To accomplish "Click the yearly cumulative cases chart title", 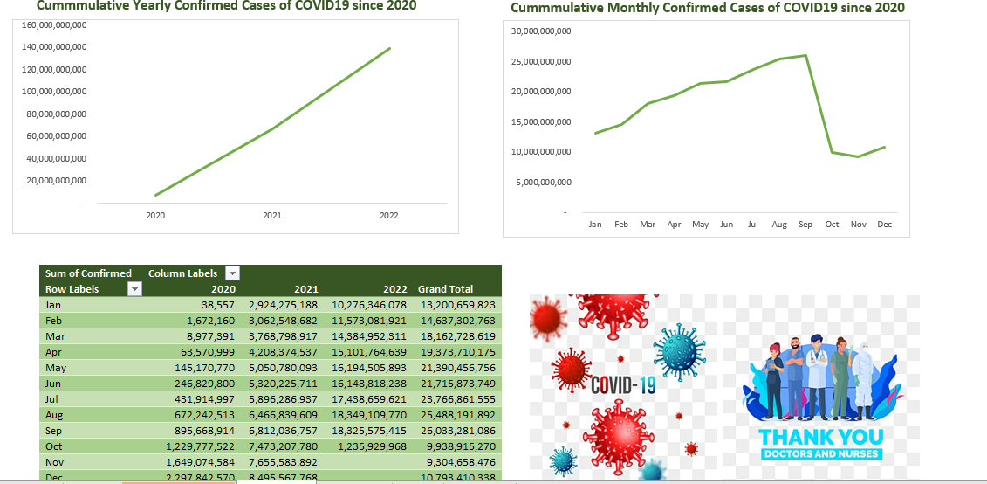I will pos(226,6).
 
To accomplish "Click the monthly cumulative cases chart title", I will pos(708,8).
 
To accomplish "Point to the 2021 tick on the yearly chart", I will pos(272,215).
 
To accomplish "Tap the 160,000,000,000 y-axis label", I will pos(53,24).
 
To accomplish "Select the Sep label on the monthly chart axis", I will pos(805,225).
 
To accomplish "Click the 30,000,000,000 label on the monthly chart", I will pos(540,31).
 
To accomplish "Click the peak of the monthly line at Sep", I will pos(805,56).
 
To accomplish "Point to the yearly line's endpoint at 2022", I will pos(390,48).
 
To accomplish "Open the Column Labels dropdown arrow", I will pos(232,273).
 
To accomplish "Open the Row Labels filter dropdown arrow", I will pos(134,289).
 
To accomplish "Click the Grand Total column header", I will pos(445,289).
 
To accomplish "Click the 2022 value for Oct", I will pos(374,446).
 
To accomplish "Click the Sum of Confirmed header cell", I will pos(88,273).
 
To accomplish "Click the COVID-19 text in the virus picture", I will pos(623,385).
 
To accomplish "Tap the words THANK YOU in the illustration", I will pos(820,437).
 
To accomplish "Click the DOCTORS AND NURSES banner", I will pos(820,454).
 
